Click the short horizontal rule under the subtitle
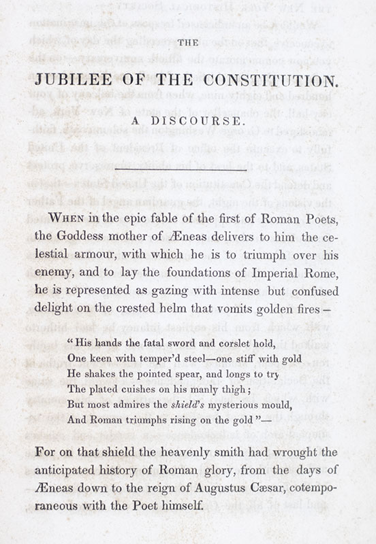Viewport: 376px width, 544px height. click(x=187, y=165)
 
